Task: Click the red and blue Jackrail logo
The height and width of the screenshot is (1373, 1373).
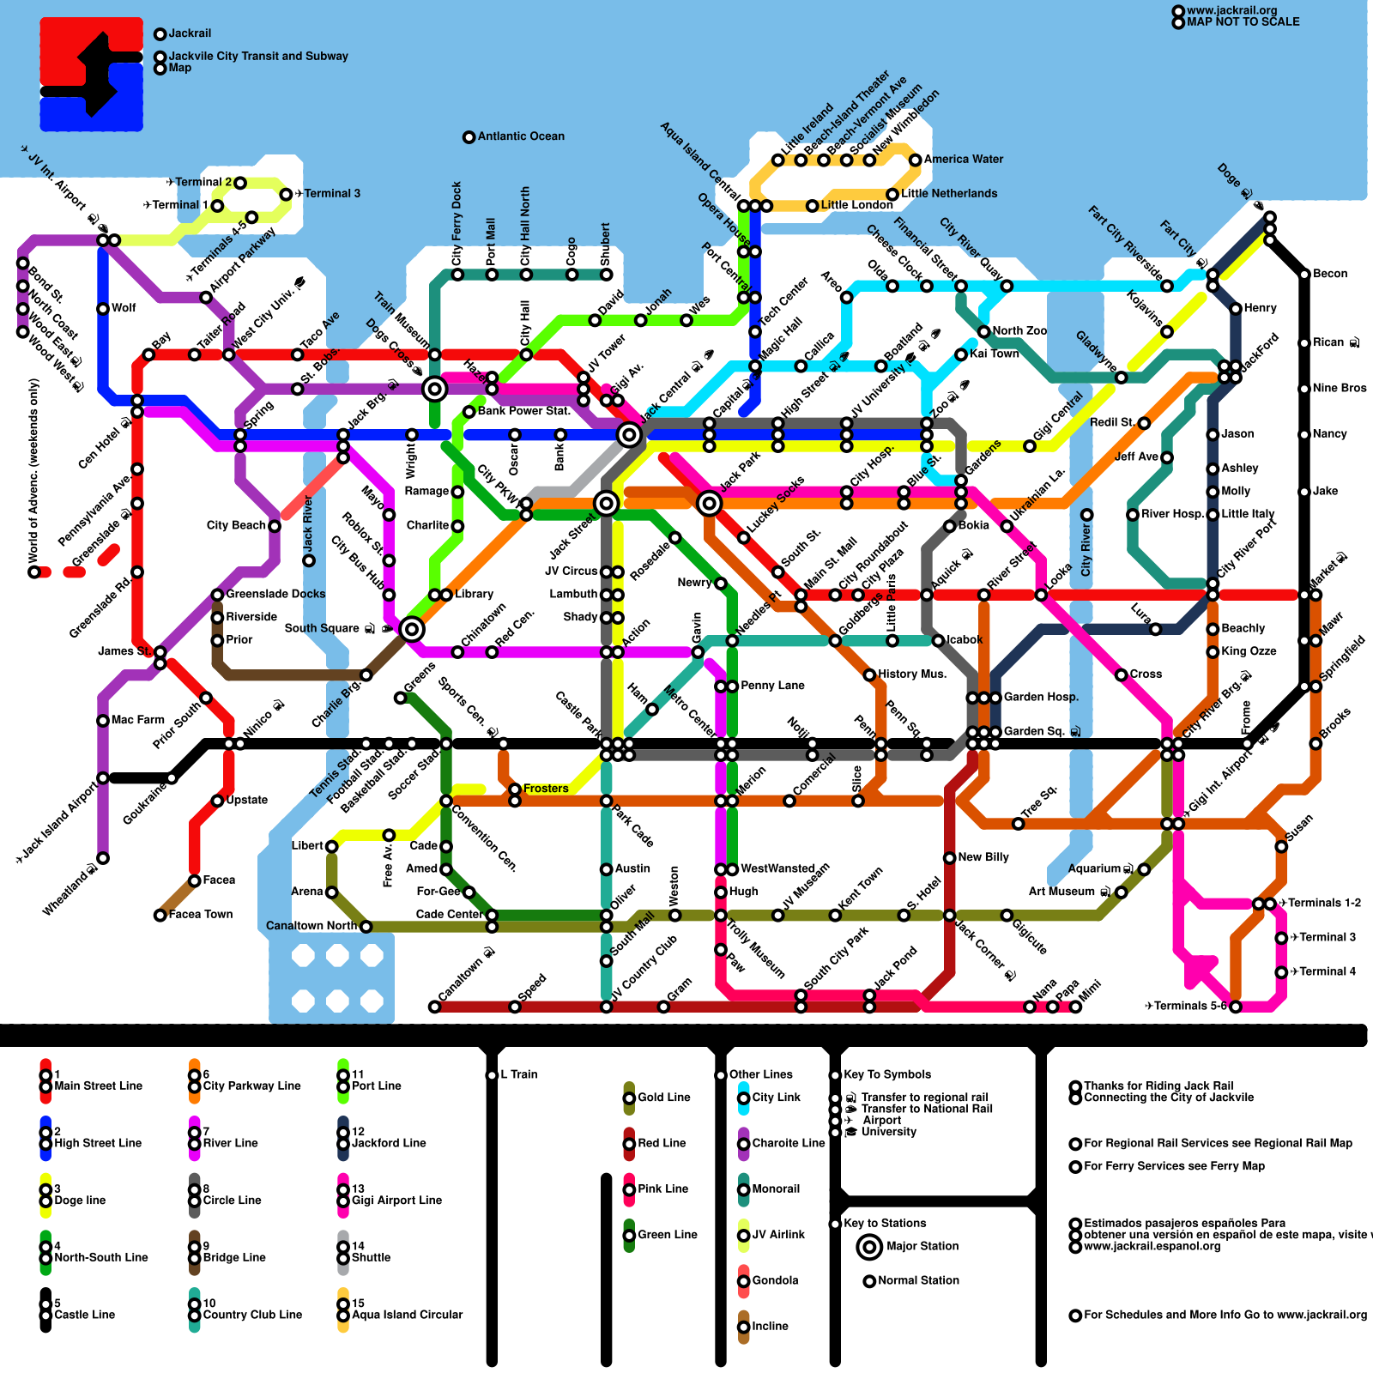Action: point(91,75)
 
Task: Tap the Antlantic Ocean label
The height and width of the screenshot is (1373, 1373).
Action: point(521,136)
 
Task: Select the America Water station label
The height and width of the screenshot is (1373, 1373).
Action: point(963,160)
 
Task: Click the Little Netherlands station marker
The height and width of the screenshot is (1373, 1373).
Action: point(892,195)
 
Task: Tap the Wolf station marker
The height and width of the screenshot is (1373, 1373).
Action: point(103,309)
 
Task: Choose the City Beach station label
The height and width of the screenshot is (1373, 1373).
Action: point(236,525)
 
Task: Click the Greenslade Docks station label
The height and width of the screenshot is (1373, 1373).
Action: point(275,594)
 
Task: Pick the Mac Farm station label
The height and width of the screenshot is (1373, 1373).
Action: point(137,720)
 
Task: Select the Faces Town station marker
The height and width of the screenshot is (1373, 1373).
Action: point(160,916)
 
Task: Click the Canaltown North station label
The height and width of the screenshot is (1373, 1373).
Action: point(311,926)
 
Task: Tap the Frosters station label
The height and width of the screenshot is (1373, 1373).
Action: point(546,789)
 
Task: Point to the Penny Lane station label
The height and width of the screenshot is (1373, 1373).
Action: point(772,686)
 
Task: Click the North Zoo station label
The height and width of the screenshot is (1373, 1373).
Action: point(1019,331)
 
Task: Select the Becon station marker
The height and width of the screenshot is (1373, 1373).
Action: point(1304,275)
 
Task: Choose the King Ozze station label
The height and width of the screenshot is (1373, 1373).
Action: point(1249,651)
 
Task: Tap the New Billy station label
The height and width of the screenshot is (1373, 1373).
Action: point(983,857)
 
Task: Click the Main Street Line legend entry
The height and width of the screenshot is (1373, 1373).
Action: point(98,1086)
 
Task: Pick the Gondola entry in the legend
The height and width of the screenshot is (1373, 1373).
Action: point(775,1280)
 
